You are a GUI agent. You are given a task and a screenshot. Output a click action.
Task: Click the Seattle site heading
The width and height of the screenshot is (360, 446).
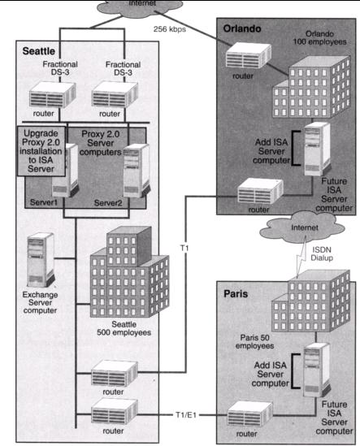[x=39, y=51]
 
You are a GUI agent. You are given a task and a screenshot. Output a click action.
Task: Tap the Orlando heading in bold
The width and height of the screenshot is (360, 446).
[x=242, y=28]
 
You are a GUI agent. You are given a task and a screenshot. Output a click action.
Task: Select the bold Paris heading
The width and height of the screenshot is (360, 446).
[x=236, y=294]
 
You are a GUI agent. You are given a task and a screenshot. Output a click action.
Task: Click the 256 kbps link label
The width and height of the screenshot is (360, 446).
[x=170, y=29]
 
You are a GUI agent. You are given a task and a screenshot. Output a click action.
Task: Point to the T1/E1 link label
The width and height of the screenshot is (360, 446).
[x=186, y=415]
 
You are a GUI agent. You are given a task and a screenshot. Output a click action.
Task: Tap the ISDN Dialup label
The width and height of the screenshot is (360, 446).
[x=322, y=253]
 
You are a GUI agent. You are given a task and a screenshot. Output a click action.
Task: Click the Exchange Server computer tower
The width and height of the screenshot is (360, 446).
[x=41, y=259]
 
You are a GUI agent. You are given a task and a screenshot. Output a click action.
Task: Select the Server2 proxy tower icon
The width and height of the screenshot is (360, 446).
[x=137, y=171]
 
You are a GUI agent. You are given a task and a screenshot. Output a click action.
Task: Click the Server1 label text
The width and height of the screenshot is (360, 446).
[x=44, y=202]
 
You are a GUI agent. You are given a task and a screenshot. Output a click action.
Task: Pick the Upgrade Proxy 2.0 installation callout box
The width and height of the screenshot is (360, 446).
[x=41, y=151]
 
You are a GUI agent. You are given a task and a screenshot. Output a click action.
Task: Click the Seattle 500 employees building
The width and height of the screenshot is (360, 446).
[x=129, y=272]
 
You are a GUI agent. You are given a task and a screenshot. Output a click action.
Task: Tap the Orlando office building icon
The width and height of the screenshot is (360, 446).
[x=311, y=87]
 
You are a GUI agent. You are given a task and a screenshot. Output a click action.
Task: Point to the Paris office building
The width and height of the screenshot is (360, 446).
[x=310, y=301]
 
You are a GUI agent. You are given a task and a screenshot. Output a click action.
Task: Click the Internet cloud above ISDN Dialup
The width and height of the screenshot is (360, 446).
[x=302, y=227]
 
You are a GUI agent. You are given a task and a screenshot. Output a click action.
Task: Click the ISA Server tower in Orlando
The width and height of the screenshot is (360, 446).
[x=317, y=149]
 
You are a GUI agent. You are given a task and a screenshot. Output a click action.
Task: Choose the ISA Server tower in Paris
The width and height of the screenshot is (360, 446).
[x=316, y=370]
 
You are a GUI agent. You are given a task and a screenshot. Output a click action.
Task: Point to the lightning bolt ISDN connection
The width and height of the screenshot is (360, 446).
[x=301, y=258]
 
